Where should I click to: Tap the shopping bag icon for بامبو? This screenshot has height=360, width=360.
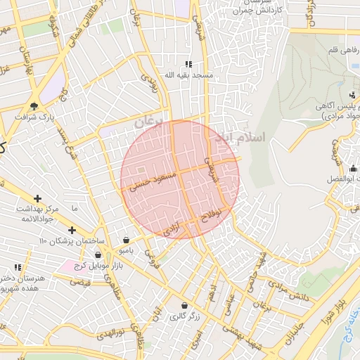pyautogui.click(x=126, y=239)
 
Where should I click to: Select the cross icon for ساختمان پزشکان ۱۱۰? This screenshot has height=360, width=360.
pyautogui.click(x=71, y=230)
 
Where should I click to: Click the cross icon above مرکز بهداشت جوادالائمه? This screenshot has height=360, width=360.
pyautogui.click(x=37, y=199)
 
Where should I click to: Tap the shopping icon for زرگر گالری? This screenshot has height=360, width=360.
pyautogui.click(x=184, y=306)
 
